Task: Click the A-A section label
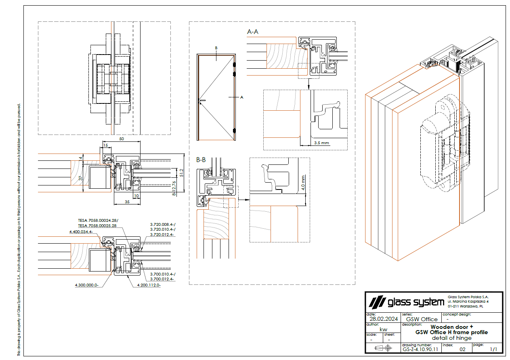[253, 32]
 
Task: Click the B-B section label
[201, 160]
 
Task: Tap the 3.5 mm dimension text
[321, 143]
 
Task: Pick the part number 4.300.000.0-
[86, 285]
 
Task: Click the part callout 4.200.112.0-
[149, 285]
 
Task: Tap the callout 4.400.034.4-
[81, 232]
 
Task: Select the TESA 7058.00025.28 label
[97, 226]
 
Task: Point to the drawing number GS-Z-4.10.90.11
[420, 349]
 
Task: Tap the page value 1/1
[493, 349]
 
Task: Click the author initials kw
[378, 329]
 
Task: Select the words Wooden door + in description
[451, 327]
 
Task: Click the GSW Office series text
[422, 319]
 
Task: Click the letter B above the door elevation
[216, 48]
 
